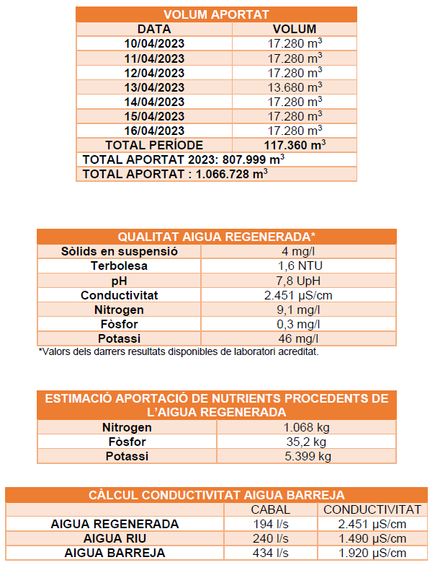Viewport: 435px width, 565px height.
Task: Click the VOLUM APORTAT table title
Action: click(x=216, y=14)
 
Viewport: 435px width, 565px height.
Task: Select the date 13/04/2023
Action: click(x=154, y=87)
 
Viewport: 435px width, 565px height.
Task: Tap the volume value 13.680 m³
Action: click(x=295, y=87)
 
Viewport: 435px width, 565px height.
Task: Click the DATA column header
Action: click(x=154, y=29)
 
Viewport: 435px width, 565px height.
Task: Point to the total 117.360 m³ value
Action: click(x=295, y=145)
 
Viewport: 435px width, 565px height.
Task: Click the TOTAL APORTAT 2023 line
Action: click(x=183, y=159)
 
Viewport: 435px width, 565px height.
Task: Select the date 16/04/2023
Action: click(x=154, y=131)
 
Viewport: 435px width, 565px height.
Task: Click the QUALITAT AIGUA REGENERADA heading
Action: click(x=217, y=237)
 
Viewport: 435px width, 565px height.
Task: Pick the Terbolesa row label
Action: click(x=120, y=266)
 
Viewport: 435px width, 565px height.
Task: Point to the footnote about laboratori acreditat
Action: click(x=178, y=351)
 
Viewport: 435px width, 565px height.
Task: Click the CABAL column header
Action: click(x=271, y=509)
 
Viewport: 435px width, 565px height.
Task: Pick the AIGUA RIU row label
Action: click(x=115, y=538)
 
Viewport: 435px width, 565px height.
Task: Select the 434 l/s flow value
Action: click(x=271, y=553)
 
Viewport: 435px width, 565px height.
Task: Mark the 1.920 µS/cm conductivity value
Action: click(x=372, y=553)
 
